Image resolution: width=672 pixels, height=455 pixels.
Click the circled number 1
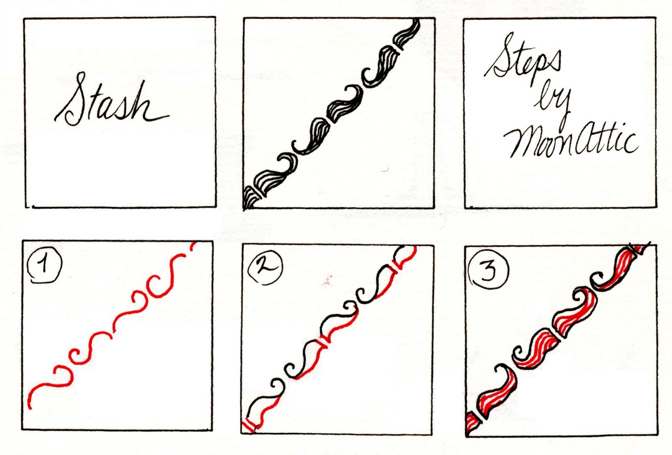point(44,265)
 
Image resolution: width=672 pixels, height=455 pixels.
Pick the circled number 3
point(488,269)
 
